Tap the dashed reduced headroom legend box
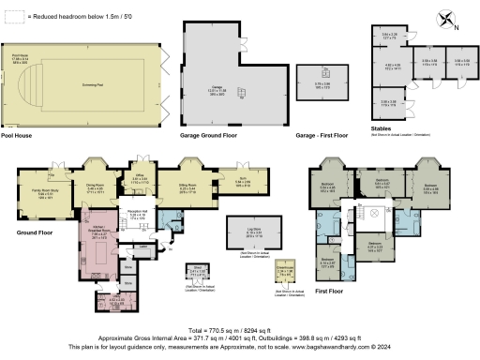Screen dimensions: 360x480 tap(10, 17)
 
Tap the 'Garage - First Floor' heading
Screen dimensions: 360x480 tap(319, 136)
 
